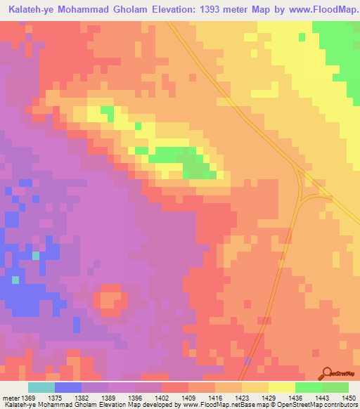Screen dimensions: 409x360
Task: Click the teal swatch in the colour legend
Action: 41,388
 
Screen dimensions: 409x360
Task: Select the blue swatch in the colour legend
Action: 68,388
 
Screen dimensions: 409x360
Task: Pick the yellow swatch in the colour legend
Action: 281,388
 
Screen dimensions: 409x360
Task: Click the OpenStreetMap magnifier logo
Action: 328,374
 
